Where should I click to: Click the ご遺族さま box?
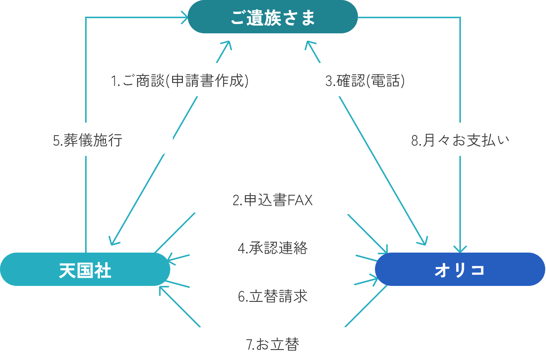pos(273,17)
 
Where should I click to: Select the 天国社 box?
pos(85,269)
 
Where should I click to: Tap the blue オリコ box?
pos(460,269)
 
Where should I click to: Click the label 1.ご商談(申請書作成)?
pos(180,80)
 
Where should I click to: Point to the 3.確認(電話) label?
pos(365,80)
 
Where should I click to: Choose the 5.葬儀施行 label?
pos(87,140)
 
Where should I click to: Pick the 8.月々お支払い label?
pos(460,140)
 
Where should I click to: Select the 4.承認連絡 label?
pos(272,247)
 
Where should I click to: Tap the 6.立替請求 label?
pos(272,296)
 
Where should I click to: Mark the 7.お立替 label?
pos(272,344)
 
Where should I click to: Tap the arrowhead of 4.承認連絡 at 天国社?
pos(171,259)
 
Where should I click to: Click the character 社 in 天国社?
pos(103,270)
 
